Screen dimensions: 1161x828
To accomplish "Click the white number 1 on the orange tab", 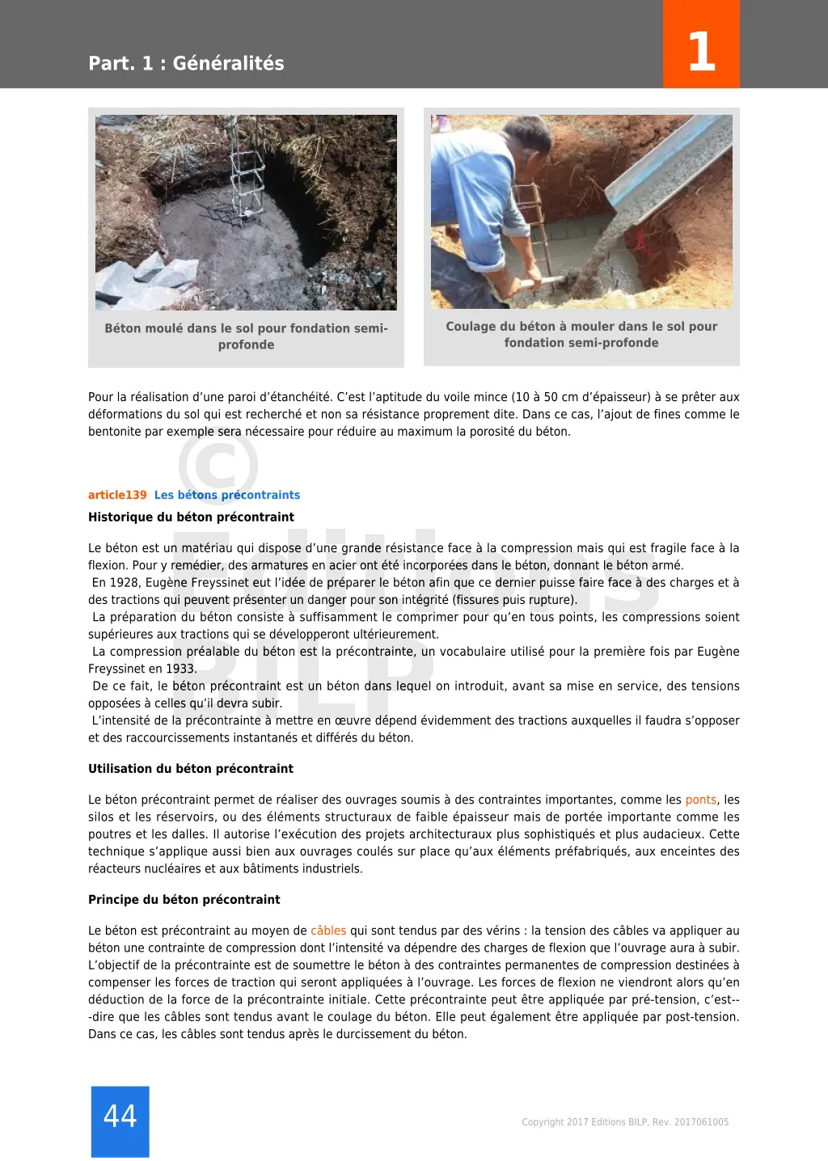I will (x=701, y=51).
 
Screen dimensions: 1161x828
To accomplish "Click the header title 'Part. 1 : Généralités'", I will (x=186, y=63).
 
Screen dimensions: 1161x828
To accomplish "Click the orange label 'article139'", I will (x=117, y=495).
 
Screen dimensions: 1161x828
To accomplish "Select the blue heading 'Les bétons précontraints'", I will (x=227, y=495).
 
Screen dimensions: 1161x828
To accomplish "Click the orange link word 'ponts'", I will (x=700, y=800).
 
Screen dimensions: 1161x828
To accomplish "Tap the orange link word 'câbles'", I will (x=328, y=931).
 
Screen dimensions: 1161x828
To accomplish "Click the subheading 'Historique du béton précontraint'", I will (x=191, y=517).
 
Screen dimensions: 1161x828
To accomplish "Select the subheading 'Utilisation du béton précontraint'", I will (x=191, y=768).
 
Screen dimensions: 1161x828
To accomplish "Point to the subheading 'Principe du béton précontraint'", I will (x=184, y=899).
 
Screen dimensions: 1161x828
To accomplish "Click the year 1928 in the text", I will (x=129, y=582).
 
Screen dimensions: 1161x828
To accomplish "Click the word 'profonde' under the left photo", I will (x=246, y=344).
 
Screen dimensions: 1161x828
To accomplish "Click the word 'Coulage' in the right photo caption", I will (x=471, y=326).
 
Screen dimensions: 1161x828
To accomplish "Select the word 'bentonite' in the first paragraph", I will (x=113, y=431).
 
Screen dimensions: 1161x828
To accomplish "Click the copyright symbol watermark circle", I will (x=218, y=465).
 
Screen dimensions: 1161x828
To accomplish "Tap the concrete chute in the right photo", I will (x=663, y=170).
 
